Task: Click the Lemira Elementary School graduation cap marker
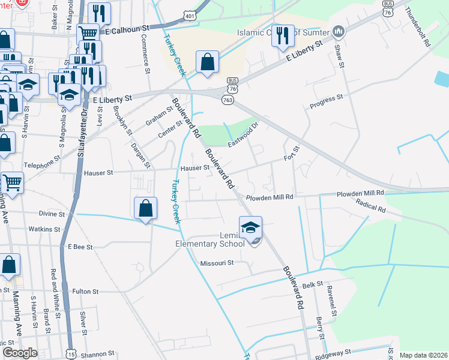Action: pyautogui.click(x=250, y=227)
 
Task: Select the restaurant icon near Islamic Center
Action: pyautogui.click(x=283, y=35)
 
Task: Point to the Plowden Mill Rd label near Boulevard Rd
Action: pyautogui.click(x=269, y=197)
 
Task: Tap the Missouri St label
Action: pyautogui.click(x=216, y=263)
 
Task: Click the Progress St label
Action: pyautogui.click(x=326, y=101)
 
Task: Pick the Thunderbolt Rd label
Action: pyautogui.click(x=418, y=27)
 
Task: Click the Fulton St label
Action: pyautogui.click(x=85, y=292)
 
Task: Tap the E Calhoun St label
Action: pyautogui.click(x=127, y=29)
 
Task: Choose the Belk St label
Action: pyautogui.click(x=313, y=286)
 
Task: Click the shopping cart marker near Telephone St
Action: pyautogui.click(x=12, y=182)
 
